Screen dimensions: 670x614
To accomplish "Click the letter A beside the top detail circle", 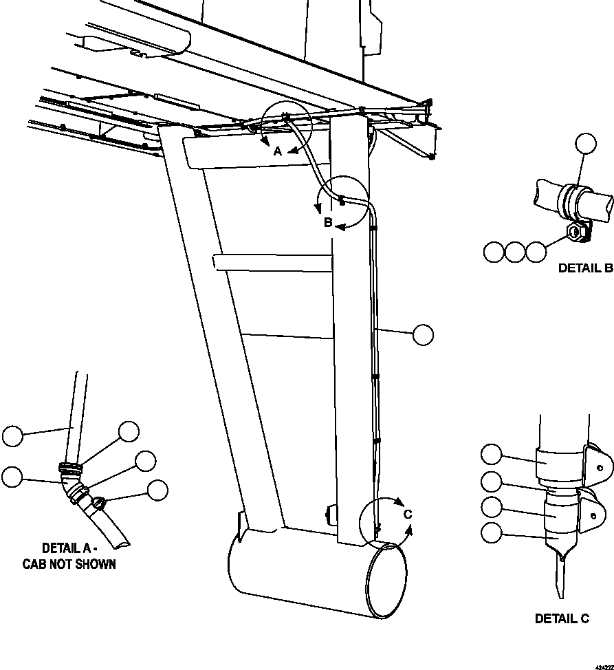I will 278,151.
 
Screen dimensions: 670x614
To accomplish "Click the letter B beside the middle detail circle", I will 329,222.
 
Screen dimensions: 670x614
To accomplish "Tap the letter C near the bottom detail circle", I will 408,514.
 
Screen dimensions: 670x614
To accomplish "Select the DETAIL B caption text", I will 585,268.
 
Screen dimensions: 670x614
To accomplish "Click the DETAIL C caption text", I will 562,618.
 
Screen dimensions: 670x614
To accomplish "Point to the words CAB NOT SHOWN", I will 69,564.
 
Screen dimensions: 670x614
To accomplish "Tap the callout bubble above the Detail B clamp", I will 586,144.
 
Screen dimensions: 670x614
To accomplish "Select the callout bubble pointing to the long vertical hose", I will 424,334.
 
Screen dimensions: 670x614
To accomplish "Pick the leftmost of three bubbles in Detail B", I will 494,252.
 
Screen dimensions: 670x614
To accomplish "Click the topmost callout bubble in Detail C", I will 492,455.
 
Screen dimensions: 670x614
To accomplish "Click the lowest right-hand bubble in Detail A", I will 157,490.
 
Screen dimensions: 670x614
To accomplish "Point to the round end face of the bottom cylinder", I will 386,579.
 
